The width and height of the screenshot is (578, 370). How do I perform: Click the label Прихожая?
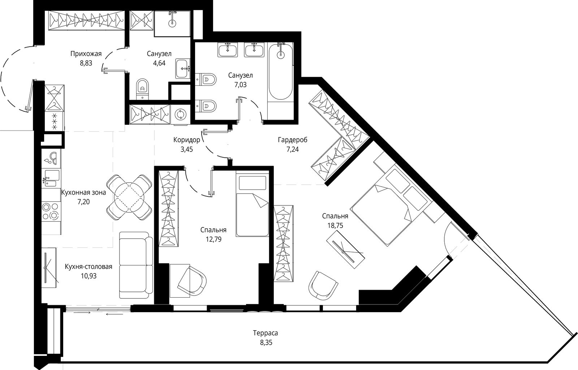[86, 54]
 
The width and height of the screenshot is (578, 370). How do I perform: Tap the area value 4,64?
[159, 63]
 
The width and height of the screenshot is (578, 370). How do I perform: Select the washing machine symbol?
[180, 114]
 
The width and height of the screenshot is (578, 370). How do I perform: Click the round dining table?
[129, 197]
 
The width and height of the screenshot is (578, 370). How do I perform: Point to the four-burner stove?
[51, 211]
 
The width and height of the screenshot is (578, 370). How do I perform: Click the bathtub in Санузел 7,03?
[281, 71]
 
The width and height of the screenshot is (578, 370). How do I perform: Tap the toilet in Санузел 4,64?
[142, 89]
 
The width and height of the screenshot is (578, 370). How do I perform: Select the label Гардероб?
[293, 140]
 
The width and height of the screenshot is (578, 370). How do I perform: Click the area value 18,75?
[335, 226]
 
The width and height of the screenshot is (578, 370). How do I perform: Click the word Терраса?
[266, 333]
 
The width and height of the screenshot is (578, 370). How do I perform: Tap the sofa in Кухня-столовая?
[136, 265]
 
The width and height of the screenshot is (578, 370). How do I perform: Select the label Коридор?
[186, 140]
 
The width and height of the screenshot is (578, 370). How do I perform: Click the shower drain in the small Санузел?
[172, 24]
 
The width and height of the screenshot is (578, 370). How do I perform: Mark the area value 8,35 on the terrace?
[266, 343]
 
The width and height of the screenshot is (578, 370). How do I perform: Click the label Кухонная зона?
[83, 193]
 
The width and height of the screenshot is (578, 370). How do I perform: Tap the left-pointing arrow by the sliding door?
[114, 314]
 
